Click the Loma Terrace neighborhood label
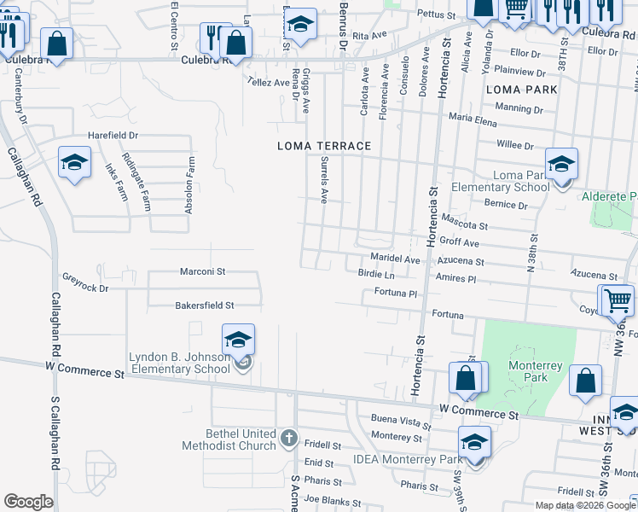[324, 146]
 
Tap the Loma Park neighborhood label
[521, 89]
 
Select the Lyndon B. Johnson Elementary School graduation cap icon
[239, 340]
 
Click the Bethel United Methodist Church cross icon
[288, 439]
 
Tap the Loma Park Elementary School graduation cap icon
[561, 164]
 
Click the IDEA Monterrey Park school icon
[474, 443]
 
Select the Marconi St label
[202, 271]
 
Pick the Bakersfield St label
[205, 305]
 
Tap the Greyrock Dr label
[86, 282]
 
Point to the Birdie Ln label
[376, 275]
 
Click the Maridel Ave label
[396, 259]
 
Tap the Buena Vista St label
[401, 422]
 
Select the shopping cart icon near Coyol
[618, 300]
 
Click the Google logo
[28, 502]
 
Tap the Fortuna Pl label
[396, 294]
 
